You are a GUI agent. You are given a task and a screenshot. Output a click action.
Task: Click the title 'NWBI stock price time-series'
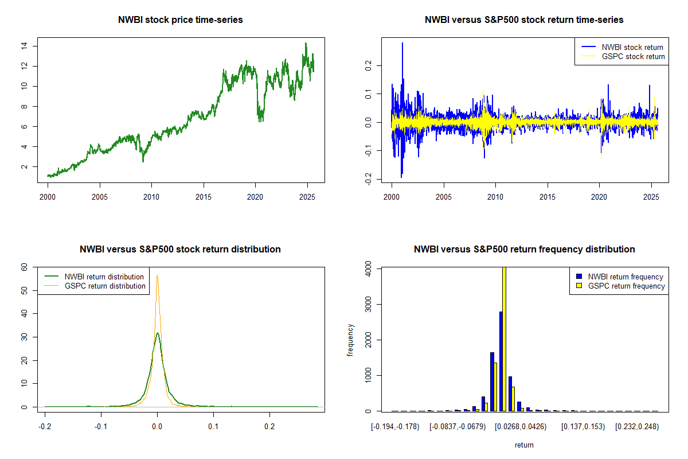click(x=180, y=20)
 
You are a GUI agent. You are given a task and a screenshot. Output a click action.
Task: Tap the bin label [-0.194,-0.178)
click(x=395, y=427)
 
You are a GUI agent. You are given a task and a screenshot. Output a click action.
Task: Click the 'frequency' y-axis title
click(x=351, y=340)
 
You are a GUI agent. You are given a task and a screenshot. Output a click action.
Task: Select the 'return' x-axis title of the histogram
click(x=524, y=445)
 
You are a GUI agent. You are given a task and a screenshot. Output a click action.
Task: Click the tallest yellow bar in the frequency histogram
click(x=505, y=339)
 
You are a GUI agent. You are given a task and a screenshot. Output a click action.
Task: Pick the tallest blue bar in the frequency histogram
click(x=501, y=361)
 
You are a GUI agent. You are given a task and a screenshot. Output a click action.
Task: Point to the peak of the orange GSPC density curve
click(x=157, y=275)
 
